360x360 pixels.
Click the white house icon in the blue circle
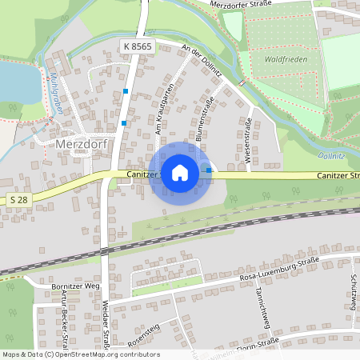click(180, 172)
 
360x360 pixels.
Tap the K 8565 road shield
click(138, 48)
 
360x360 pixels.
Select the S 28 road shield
click(21, 198)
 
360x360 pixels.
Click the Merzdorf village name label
click(88, 144)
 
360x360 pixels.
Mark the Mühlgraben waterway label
click(56, 94)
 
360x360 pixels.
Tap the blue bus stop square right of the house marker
click(210, 170)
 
